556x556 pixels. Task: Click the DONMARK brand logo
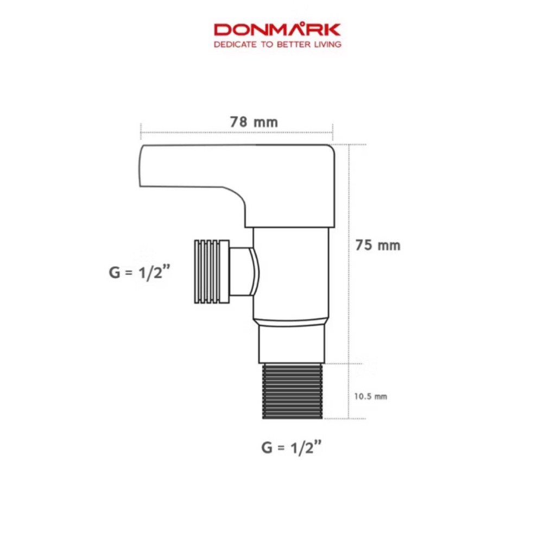[x=277, y=29]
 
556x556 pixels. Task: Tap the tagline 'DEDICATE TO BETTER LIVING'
[x=277, y=45]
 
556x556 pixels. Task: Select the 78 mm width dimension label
[x=254, y=122]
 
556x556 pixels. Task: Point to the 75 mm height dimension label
[x=378, y=245]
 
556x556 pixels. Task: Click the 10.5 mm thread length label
[x=370, y=396]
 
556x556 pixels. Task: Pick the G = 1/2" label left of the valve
[x=140, y=273]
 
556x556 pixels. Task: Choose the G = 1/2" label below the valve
[x=292, y=447]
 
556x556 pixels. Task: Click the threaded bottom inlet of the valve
[x=293, y=391]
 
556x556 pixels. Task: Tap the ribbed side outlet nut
[x=212, y=271]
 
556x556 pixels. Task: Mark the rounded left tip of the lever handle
[x=140, y=165]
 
